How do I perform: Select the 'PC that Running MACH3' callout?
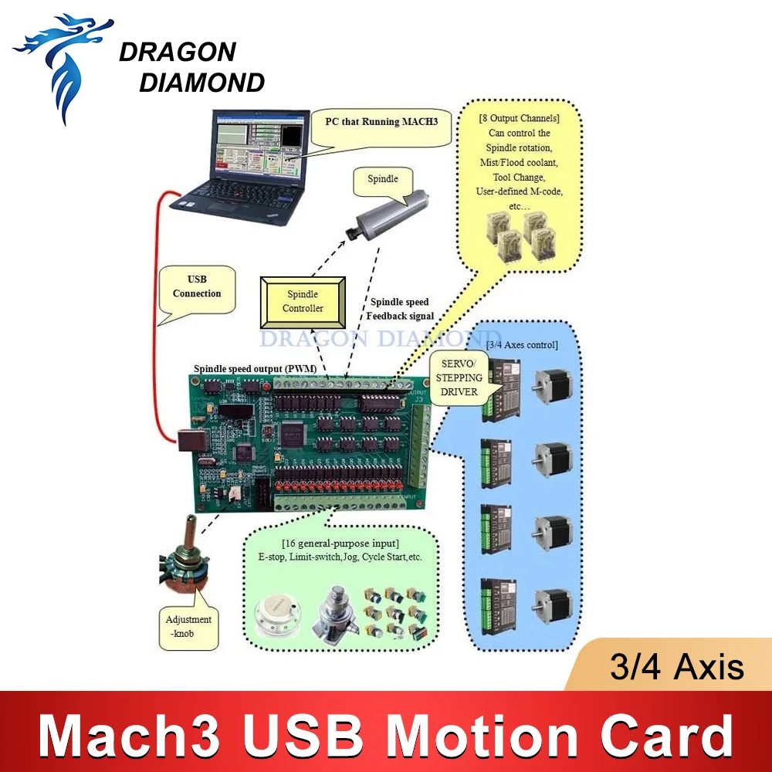point(379,122)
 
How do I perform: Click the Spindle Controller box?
point(303,300)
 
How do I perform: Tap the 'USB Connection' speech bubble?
point(197,286)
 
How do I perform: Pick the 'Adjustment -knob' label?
point(188,625)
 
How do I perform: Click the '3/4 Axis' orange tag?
point(676,666)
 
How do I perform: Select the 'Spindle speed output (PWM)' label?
point(256,368)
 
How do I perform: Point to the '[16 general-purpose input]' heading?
point(340,543)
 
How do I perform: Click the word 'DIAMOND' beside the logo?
point(201,82)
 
